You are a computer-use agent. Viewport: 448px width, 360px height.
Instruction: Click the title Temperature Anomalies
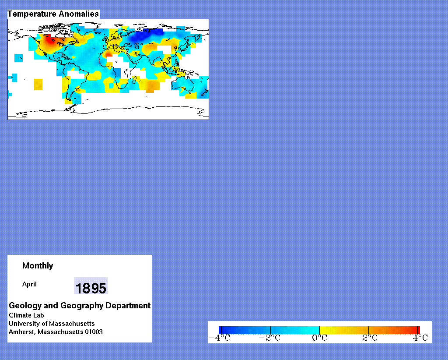(x=53, y=14)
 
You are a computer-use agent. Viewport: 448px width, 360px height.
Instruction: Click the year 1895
(x=91, y=288)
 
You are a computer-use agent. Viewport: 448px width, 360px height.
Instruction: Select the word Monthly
(x=38, y=266)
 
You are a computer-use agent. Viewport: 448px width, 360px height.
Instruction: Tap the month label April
(x=29, y=284)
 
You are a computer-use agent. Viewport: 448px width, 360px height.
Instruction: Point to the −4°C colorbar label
(x=219, y=338)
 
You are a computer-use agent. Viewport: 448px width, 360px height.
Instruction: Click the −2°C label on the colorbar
(x=269, y=338)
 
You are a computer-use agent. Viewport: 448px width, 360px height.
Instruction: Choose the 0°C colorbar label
(x=319, y=338)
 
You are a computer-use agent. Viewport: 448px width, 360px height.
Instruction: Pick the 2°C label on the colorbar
(x=370, y=338)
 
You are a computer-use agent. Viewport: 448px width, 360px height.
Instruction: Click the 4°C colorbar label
(x=420, y=338)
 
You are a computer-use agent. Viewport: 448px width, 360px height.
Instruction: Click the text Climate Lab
(x=26, y=315)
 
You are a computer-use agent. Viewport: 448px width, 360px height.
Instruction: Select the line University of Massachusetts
(x=52, y=324)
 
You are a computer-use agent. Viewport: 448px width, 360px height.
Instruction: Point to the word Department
(x=128, y=305)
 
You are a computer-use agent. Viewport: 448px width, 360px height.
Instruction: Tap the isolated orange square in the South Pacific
(x=38, y=85)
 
